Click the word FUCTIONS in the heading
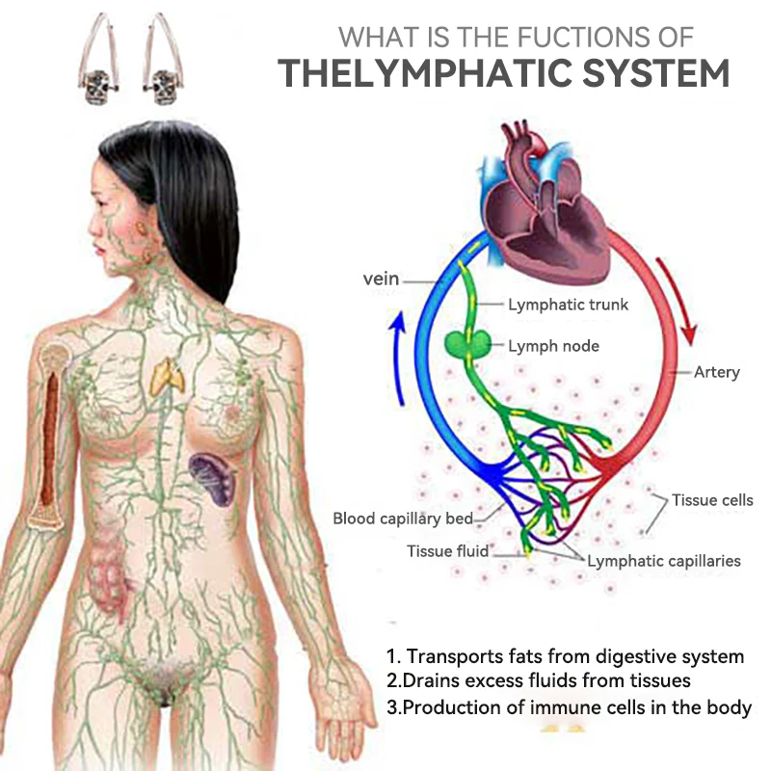pos(560,38)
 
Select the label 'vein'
pos(381,279)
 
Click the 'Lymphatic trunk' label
pos(568,305)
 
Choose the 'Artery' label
pos(716,372)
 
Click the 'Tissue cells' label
pos(712,500)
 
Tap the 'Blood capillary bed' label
pos(403,518)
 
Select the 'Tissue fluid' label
pos(447,551)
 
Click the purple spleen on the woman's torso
pos(213,478)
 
